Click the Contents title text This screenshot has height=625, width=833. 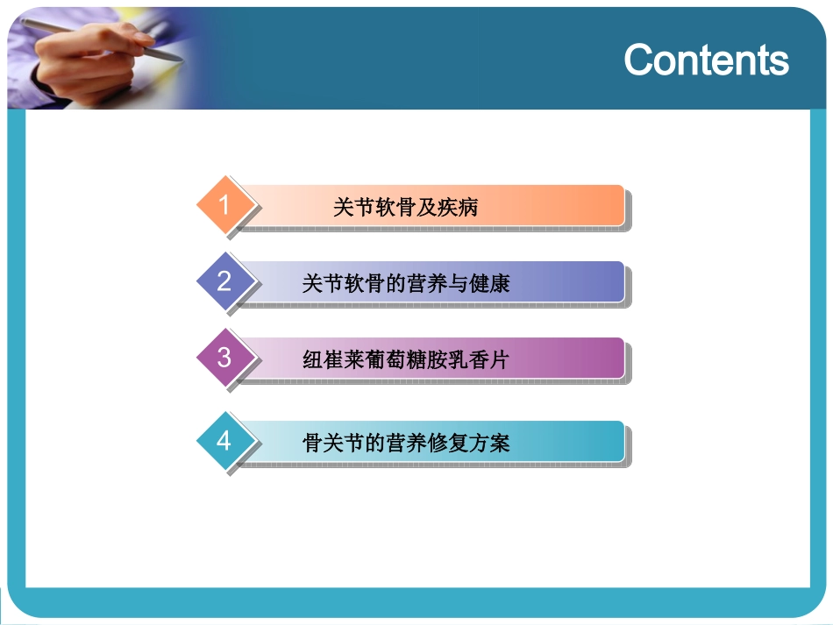(x=706, y=60)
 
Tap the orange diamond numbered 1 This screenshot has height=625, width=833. (x=224, y=205)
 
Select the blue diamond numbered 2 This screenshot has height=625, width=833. (x=224, y=281)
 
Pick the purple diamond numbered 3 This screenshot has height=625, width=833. (x=224, y=358)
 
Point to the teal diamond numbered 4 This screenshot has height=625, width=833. (x=224, y=440)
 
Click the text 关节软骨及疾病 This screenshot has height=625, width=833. (x=405, y=208)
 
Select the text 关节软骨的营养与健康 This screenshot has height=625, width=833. (x=405, y=283)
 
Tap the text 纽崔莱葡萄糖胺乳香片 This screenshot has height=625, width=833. (x=405, y=360)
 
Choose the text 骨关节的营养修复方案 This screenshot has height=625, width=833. (x=405, y=443)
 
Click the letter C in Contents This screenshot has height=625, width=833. (x=639, y=60)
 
